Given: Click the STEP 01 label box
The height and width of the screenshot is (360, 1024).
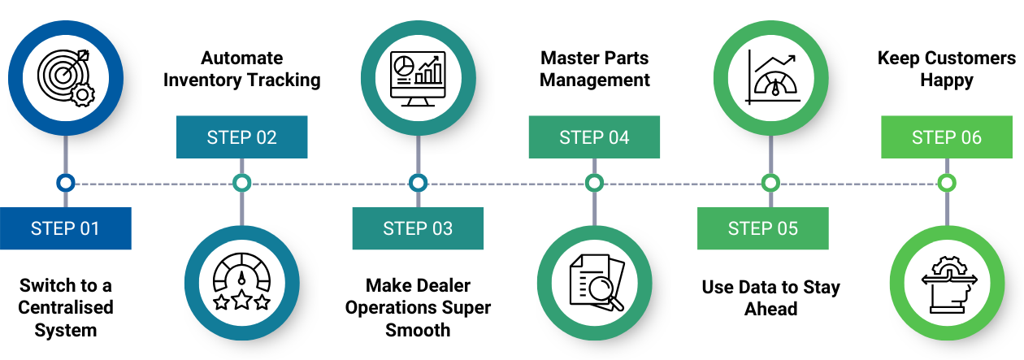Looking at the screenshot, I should click(x=65, y=228).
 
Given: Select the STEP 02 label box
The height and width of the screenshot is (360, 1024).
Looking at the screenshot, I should click(x=241, y=137).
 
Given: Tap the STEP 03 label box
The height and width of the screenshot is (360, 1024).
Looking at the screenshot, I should click(x=418, y=228).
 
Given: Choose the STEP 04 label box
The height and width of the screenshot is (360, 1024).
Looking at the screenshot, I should click(x=594, y=137).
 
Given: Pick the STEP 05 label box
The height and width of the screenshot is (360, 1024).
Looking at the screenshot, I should click(x=762, y=228).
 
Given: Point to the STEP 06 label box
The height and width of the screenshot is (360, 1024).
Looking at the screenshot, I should click(x=947, y=137).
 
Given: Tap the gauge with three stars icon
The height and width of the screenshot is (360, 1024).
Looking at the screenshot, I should click(x=241, y=282).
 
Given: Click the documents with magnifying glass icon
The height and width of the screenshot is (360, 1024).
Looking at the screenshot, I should click(x=594, y=282).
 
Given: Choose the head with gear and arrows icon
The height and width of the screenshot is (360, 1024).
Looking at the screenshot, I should click(x=947, y=282).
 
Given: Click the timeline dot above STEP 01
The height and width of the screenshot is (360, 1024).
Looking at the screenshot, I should click(x=65, y=183).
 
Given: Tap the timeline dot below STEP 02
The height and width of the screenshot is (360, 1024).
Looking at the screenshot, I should click(x=241, y=183).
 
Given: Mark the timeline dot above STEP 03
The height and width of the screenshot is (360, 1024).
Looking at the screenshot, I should click(x=418, y=183).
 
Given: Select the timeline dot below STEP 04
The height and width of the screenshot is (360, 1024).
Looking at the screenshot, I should click(x=594, y=183).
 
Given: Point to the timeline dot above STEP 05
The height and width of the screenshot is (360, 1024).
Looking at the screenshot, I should click(x=770, y=183).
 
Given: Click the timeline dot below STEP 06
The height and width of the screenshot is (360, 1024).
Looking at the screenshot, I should click(x=947, y=183).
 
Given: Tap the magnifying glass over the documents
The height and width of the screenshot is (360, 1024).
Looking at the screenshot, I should click(x=605, y=292).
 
